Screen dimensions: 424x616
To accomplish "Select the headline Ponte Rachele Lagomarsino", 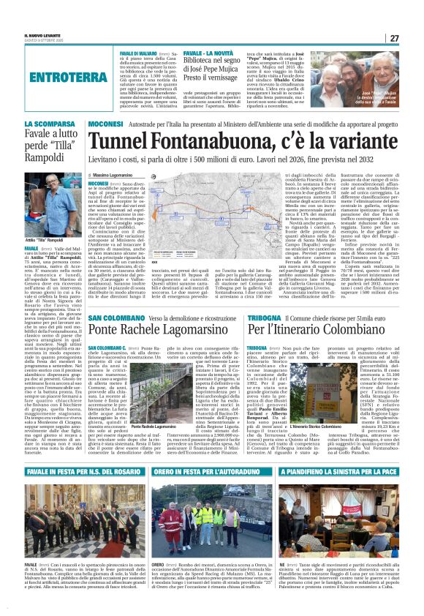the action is pyautogui.click(x=154, y=310).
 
